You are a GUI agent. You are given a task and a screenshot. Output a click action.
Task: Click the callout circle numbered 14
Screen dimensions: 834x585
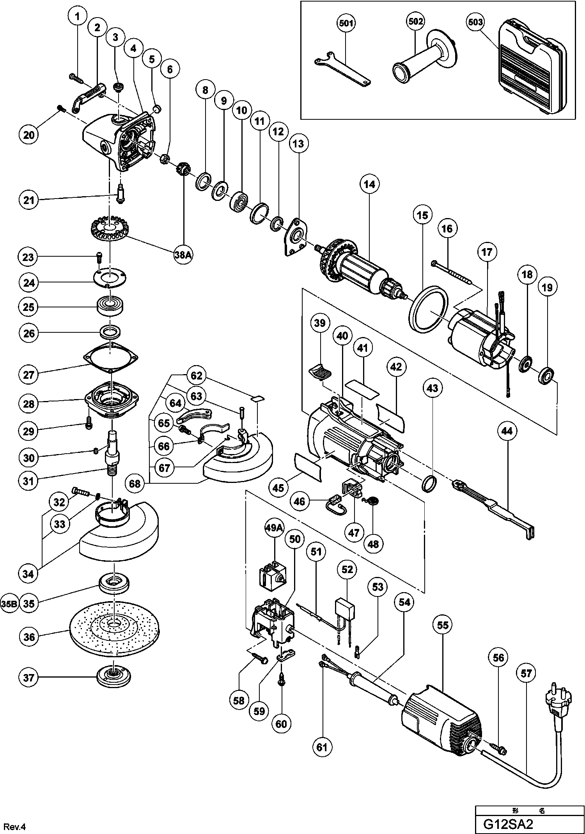click(x=370, y=184)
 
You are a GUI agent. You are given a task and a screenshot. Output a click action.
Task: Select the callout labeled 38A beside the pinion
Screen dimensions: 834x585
click(x=183, y=255)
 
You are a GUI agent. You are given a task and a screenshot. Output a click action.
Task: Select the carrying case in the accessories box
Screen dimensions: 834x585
click(x=532, y=71)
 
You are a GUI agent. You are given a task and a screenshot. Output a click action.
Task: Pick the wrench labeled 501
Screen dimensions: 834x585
click(x=342, y=69)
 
